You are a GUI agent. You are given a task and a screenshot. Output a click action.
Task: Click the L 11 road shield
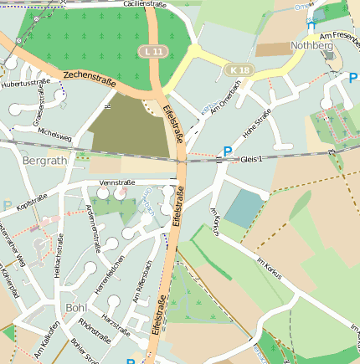pyautogui.click(x=151, y=52)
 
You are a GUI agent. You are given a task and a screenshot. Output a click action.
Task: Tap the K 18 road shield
pyautogui.click(x=239, y=69)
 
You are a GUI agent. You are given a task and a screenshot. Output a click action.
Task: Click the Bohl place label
pyautogui.click(x=75, y=308)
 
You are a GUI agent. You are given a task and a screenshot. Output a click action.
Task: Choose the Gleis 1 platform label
pyautogui.click(x=251, y=158)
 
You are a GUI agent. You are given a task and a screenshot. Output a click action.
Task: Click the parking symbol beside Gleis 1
pyautogui.click(x=227, y=152)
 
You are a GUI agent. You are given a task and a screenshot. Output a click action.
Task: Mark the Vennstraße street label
pyautogui.click(x=117, y=182)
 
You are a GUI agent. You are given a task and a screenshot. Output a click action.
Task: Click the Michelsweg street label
pyautogui.click(x=55, y=135)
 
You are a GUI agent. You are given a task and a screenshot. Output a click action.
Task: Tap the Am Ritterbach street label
pyautogui.click(x=141, y=283)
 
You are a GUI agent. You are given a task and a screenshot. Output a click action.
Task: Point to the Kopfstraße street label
pyautogui.click(x=33, y=203)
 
